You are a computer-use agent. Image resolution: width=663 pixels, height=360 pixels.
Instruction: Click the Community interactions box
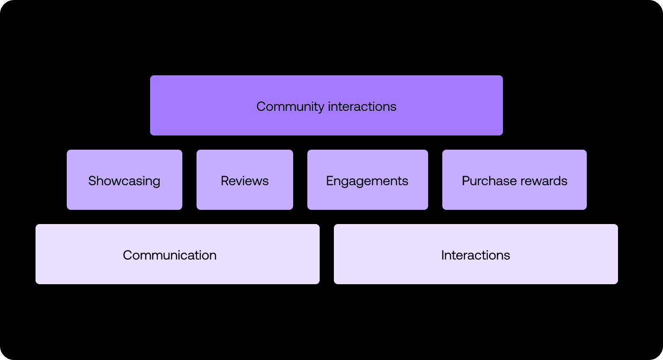(326, 105)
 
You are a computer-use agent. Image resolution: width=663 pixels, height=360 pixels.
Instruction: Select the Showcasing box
(124, 180)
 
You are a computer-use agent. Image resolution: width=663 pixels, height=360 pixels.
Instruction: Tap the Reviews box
(244, 180)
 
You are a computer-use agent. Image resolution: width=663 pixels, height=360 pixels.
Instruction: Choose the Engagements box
(367, 180)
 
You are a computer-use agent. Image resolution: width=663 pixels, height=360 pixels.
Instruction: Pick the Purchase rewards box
(514, 180)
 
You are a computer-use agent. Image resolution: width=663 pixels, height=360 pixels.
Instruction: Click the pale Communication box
(177, 254)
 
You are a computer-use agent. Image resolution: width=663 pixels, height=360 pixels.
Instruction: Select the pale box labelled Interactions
(475, 254)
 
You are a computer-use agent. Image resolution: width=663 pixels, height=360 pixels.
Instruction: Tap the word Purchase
(483, 181)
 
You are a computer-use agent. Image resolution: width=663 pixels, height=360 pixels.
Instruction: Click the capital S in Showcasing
(92, 181)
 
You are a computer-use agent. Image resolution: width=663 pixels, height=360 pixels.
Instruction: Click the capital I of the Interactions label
(443, 255)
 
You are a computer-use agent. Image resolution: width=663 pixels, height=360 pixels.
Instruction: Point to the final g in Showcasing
(156, 182)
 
